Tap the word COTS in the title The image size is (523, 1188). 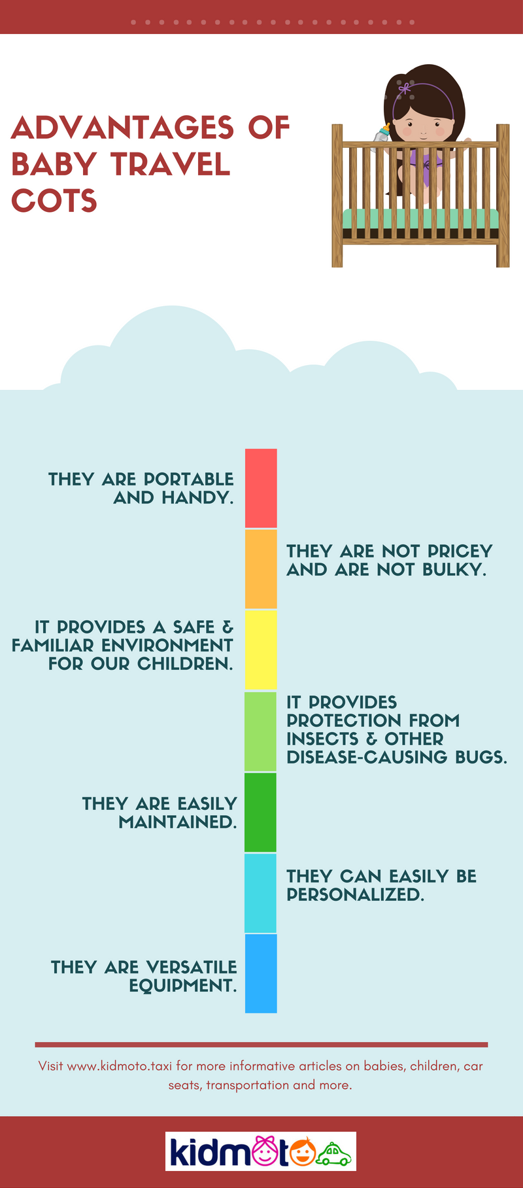coord(54,201)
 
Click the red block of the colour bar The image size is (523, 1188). coord(261,488)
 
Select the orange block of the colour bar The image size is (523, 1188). coord(261,569)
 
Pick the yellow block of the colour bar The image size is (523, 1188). coord(261,650)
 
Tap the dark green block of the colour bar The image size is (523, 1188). coord(261,812)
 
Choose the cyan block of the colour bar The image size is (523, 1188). coord(261,893)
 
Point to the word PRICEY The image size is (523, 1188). coord(460,551)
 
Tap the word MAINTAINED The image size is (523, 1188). coord(177,822)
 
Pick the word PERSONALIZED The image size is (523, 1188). coord(355,895)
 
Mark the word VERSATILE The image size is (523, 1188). coord(191,968)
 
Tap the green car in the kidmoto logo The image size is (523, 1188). coord(334,1154)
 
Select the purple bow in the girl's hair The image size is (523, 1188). coord(404,88)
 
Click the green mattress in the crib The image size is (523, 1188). coord(420,218)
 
